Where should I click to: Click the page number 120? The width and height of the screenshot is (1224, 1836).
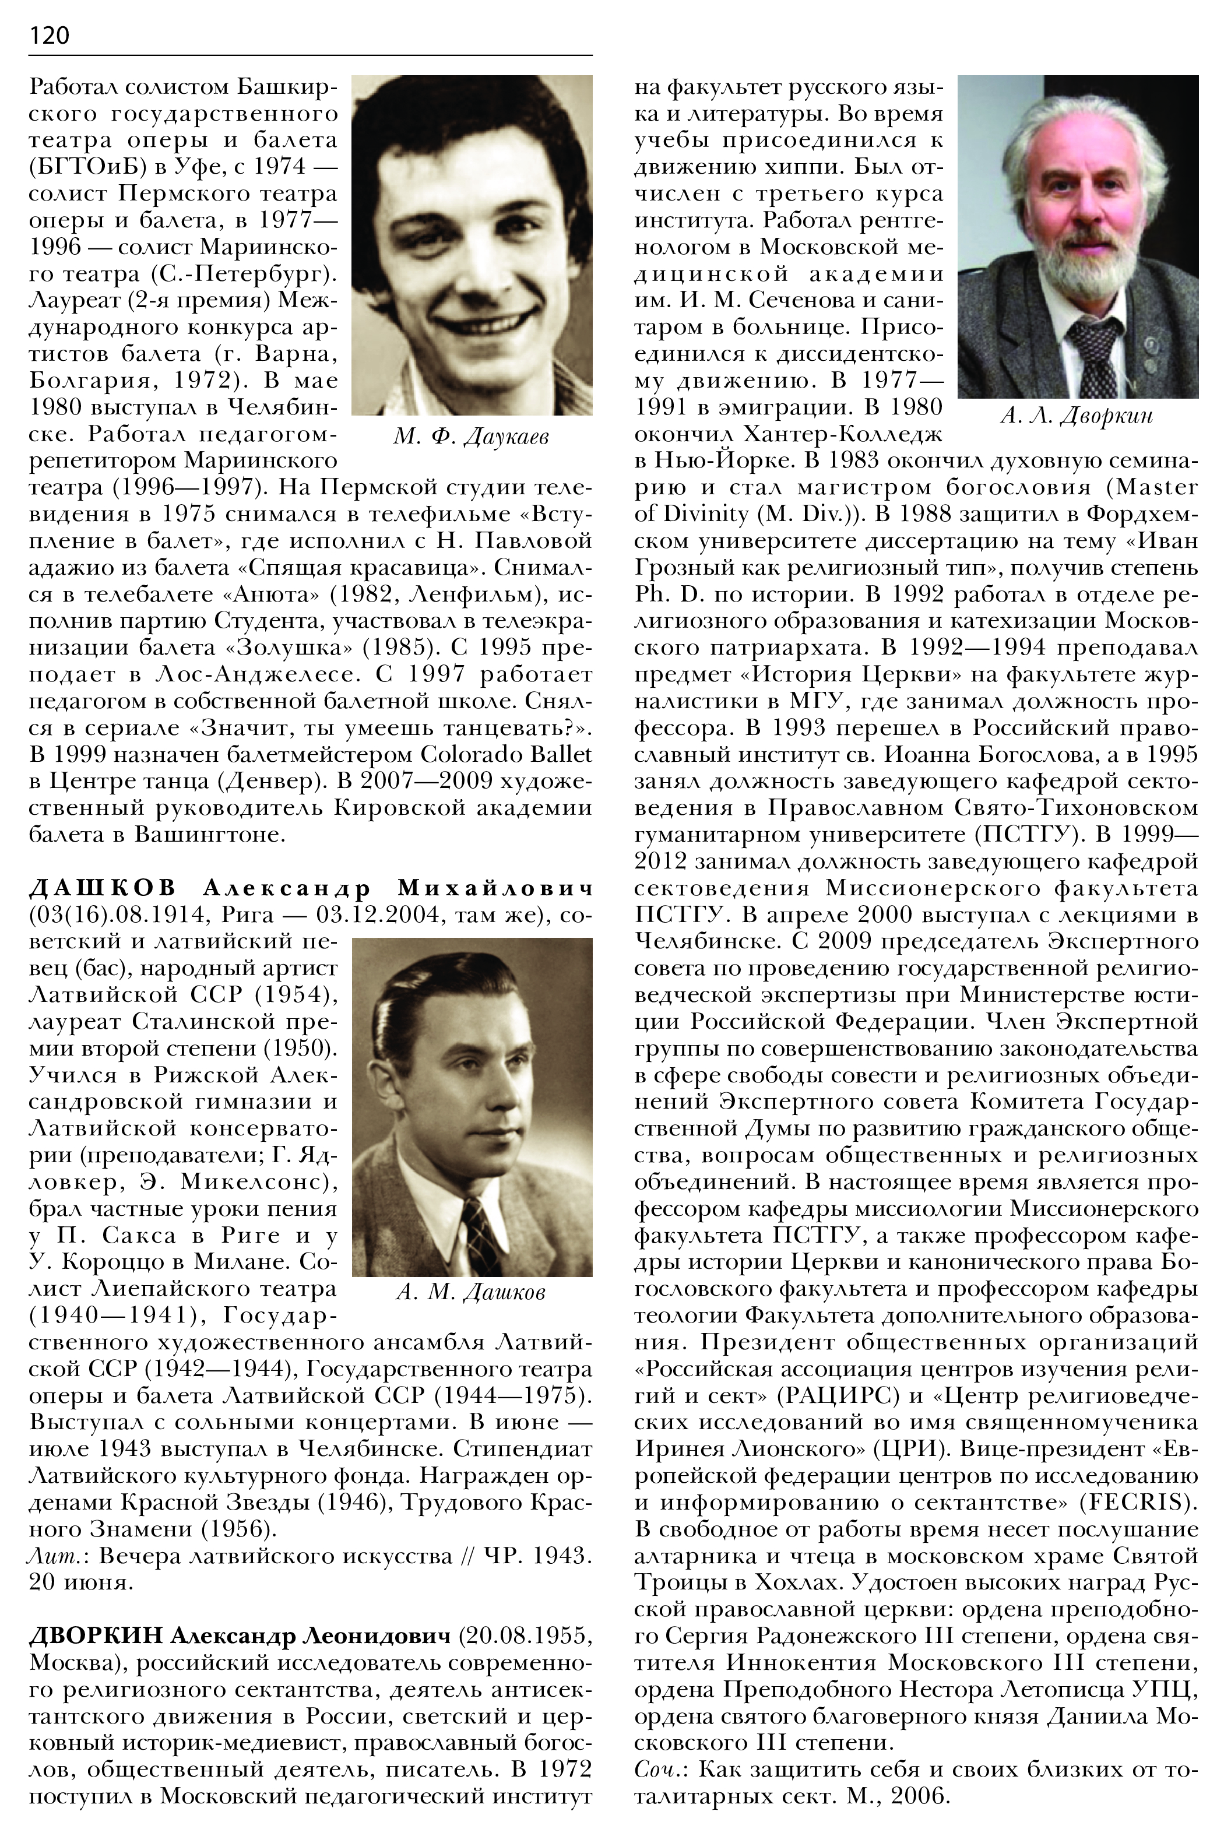(x=49, y=35)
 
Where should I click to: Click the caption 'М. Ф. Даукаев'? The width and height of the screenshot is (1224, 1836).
(x=471, y=437)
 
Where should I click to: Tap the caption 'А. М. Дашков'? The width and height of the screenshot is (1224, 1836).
(x=471, y=1292)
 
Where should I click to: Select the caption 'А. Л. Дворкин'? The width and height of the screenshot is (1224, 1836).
(x=1077, y=416)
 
